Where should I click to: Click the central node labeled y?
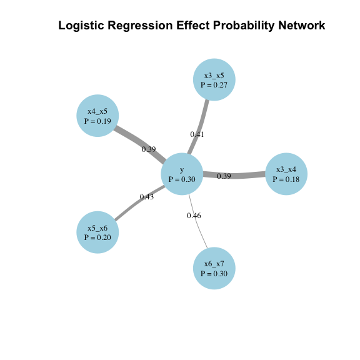(182, 174)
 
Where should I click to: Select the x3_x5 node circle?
(214, 80)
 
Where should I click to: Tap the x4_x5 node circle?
(97, 116)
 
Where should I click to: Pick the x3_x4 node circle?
(286, 174)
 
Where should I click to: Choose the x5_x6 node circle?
(97, 232)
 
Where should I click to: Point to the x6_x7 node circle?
(214, 269)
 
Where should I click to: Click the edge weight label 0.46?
(194, 216)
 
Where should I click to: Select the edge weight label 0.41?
(197, 134)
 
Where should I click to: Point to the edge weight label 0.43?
(147, 197)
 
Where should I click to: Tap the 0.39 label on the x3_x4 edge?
(224, 176)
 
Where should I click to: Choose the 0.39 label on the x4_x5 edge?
(149, 149)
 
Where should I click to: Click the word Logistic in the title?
(83, 26)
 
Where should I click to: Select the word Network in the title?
(298, 26)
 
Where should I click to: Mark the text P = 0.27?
(214, 85)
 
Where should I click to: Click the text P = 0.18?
(286, 179)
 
